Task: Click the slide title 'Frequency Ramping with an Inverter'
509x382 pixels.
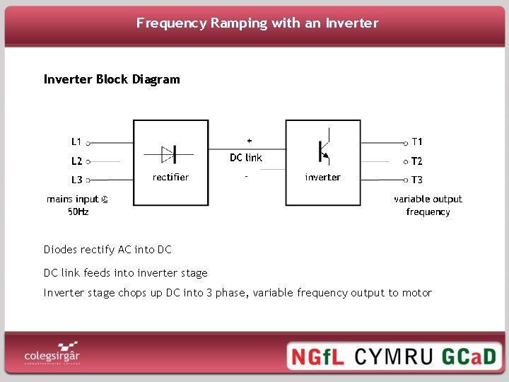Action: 257,23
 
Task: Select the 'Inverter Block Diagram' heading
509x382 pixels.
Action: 112,79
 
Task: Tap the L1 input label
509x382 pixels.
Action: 76,141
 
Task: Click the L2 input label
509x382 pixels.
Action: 76,161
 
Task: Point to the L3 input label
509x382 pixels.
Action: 76,180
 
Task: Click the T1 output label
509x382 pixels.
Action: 417,141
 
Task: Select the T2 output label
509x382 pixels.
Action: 417,161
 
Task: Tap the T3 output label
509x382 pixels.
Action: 417,180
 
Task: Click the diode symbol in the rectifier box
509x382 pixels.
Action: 170,154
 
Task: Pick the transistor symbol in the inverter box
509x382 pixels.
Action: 323,151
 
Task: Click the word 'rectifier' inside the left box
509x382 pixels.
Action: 170,177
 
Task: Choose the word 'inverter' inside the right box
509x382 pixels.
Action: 322,177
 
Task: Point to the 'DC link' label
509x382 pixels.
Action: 246,157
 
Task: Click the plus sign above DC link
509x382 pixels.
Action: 249,140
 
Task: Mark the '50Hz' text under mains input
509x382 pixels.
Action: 78,212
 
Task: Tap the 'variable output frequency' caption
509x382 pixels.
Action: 428,205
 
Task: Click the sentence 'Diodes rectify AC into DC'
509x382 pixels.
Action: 107,250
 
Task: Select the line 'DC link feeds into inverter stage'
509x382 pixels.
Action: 126,273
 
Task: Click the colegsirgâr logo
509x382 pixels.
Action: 52,353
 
